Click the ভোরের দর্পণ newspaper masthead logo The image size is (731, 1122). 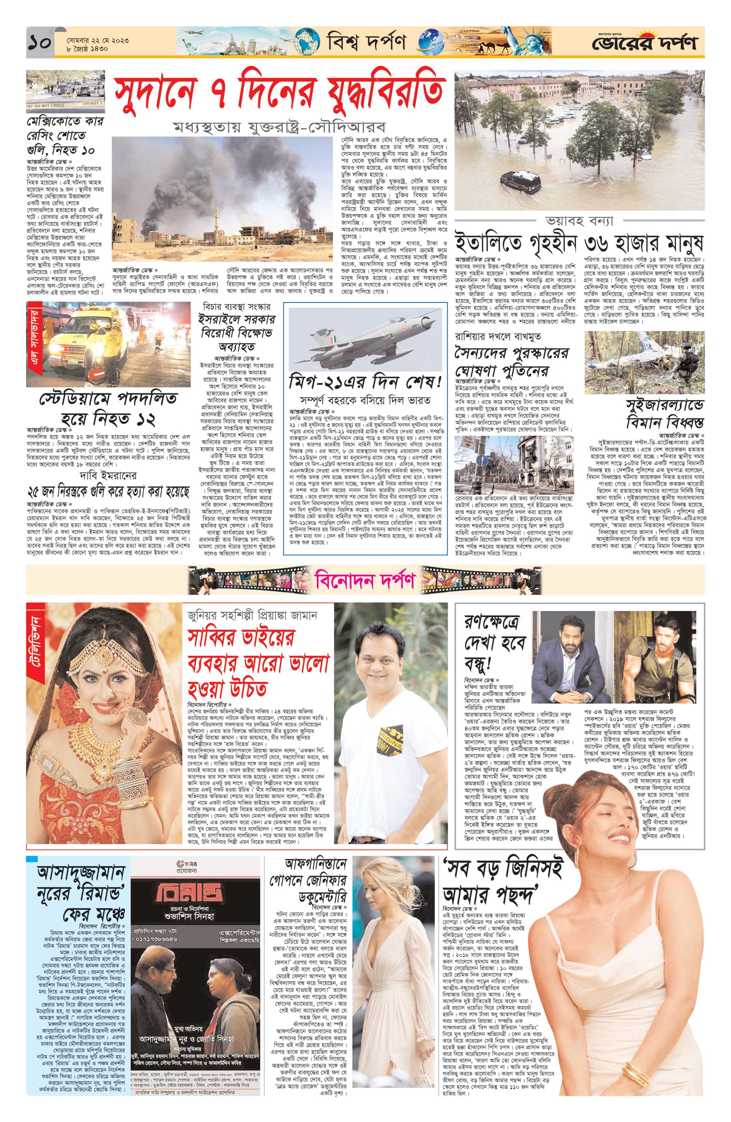(644, 43)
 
